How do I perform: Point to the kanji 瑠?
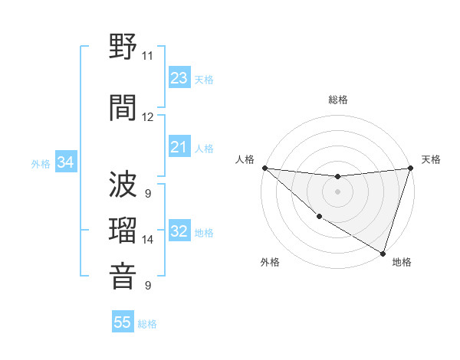(x=123, y=231)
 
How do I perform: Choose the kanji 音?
(x=123, y=277)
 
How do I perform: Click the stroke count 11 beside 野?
(x=147, y=56)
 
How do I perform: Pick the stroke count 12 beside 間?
(x=147, y=117)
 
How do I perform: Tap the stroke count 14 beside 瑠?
(x=147, y=240)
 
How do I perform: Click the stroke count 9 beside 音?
(x=147, y=286)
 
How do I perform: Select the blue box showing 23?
(x=179, y=78)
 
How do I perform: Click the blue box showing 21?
(x=179, y=147)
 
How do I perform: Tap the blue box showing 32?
(x=179, y=231)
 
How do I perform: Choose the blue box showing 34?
(x=65, y=162)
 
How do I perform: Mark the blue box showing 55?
(x=123, y=322)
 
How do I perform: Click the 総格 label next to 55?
(x=147, y=324)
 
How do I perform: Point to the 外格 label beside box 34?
(x=41, y=163)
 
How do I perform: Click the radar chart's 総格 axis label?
(x=337, y=100)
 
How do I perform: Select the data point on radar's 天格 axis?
(x=410, y=168)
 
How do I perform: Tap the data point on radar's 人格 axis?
(x=264, y=168)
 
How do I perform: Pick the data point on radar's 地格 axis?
(x=383, y=253)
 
